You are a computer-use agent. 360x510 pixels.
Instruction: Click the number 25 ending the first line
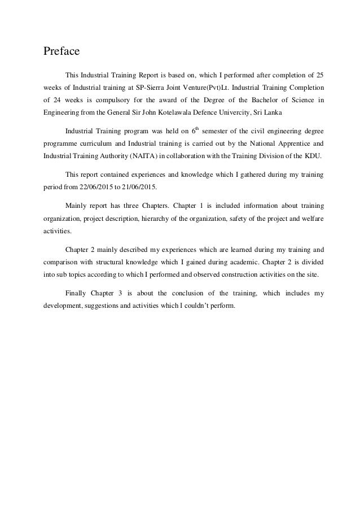[319, 75]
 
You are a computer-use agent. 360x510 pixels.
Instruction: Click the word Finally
[78, 294]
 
